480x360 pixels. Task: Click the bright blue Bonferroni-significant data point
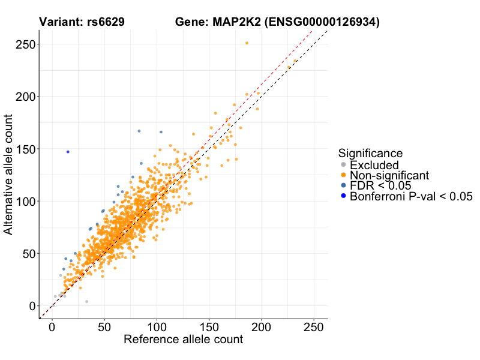68,152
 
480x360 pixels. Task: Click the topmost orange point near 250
247,43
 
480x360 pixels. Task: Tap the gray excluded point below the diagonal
86,301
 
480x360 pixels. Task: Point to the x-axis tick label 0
52,328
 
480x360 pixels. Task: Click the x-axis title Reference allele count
183,340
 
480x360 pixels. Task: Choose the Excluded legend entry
374,165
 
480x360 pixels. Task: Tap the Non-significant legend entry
389,175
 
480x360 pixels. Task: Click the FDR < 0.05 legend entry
380,185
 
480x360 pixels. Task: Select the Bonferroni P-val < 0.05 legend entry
412,196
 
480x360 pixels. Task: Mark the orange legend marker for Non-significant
343,175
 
